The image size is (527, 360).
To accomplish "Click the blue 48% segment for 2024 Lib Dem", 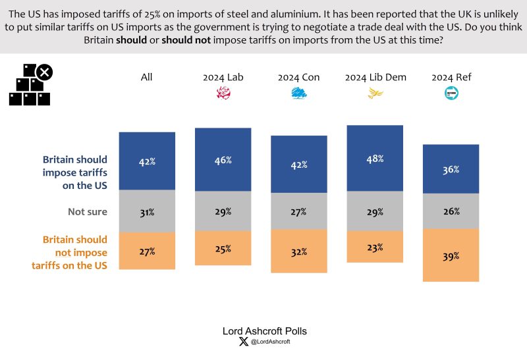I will pos(375,158).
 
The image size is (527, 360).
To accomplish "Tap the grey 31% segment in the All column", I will pos(147,212).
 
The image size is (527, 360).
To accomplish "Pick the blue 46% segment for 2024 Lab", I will pos(223,160).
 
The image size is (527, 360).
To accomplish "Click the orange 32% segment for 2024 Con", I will pos(299,251).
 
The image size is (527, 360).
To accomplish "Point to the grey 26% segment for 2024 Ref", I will pos(451,211).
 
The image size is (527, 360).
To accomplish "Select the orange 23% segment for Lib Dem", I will pos(375,248).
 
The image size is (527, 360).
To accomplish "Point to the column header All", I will pos(147,77).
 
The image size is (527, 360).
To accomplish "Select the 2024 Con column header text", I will pos(299,77).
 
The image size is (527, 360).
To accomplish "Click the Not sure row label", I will pos(88,212).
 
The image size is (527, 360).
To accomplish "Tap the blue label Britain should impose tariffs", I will pos(74,172).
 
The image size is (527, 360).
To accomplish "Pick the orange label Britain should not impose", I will pos(74,253).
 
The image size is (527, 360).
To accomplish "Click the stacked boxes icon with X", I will pos(30,85).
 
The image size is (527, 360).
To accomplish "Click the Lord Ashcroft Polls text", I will pos(263,331).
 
